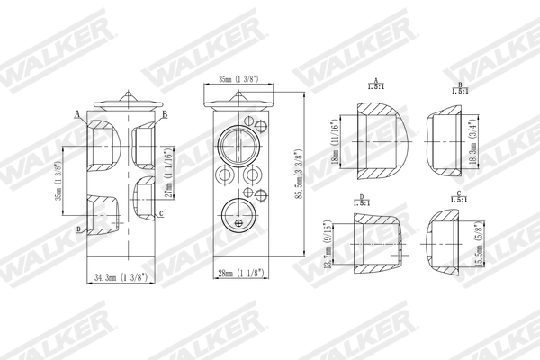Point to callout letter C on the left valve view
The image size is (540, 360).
159,212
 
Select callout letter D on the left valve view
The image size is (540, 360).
78,230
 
